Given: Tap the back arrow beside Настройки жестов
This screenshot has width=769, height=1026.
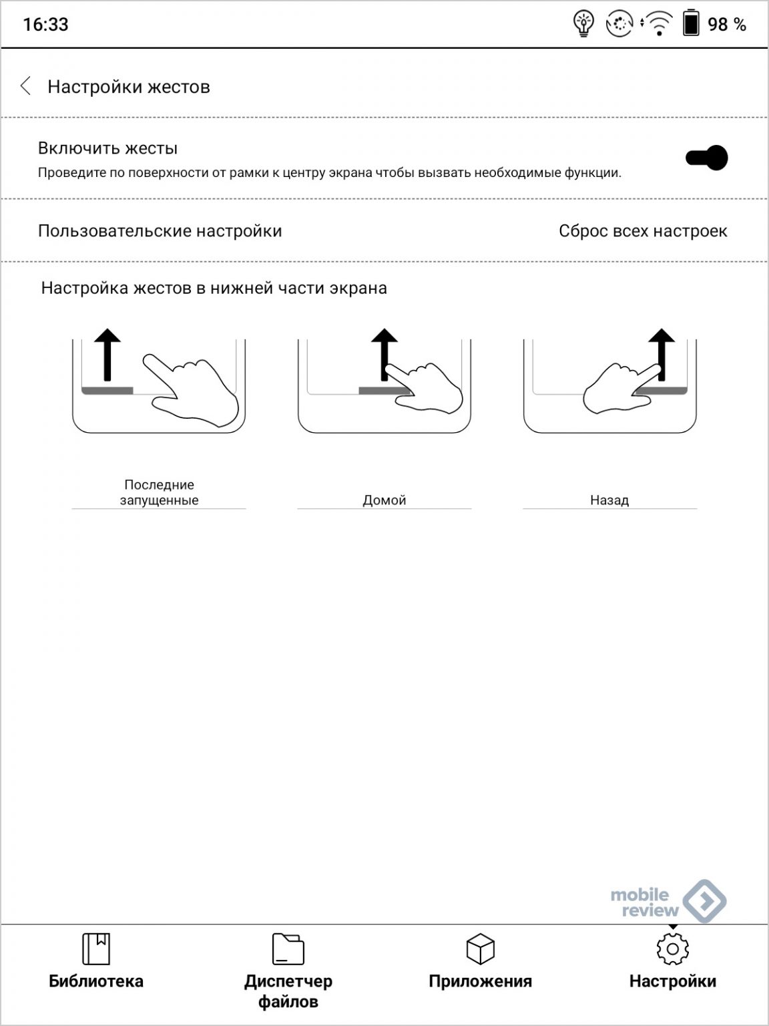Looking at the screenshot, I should coord(25,86).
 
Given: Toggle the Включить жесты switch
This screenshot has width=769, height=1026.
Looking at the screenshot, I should coord(706,158).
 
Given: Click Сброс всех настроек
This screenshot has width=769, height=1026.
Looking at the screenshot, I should coord(642,231).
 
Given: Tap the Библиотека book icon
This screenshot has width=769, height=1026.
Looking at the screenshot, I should coord(95,949).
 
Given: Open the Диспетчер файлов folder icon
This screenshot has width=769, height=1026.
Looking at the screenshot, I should coord(288,949).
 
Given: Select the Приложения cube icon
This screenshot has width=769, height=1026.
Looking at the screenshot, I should coord(480,949).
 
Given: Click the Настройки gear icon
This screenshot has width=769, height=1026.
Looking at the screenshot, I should coord(672,949).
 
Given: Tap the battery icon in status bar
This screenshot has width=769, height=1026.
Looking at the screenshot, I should coord(690,24).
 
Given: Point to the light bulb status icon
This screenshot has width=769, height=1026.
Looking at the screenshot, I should coord(584,24).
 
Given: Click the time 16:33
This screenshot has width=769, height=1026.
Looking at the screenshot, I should coord(45,25).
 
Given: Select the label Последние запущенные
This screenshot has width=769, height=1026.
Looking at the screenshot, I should coord(159,492).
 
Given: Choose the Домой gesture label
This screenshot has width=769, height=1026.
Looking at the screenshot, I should coord(384,500).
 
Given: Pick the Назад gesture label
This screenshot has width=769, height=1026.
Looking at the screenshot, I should coord(609,500).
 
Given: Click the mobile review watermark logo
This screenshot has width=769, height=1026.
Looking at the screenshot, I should coord(668,902).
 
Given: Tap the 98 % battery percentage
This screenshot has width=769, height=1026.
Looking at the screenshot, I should coord(726,25).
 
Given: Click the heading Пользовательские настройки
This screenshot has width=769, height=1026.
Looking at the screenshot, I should coord(160,231).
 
